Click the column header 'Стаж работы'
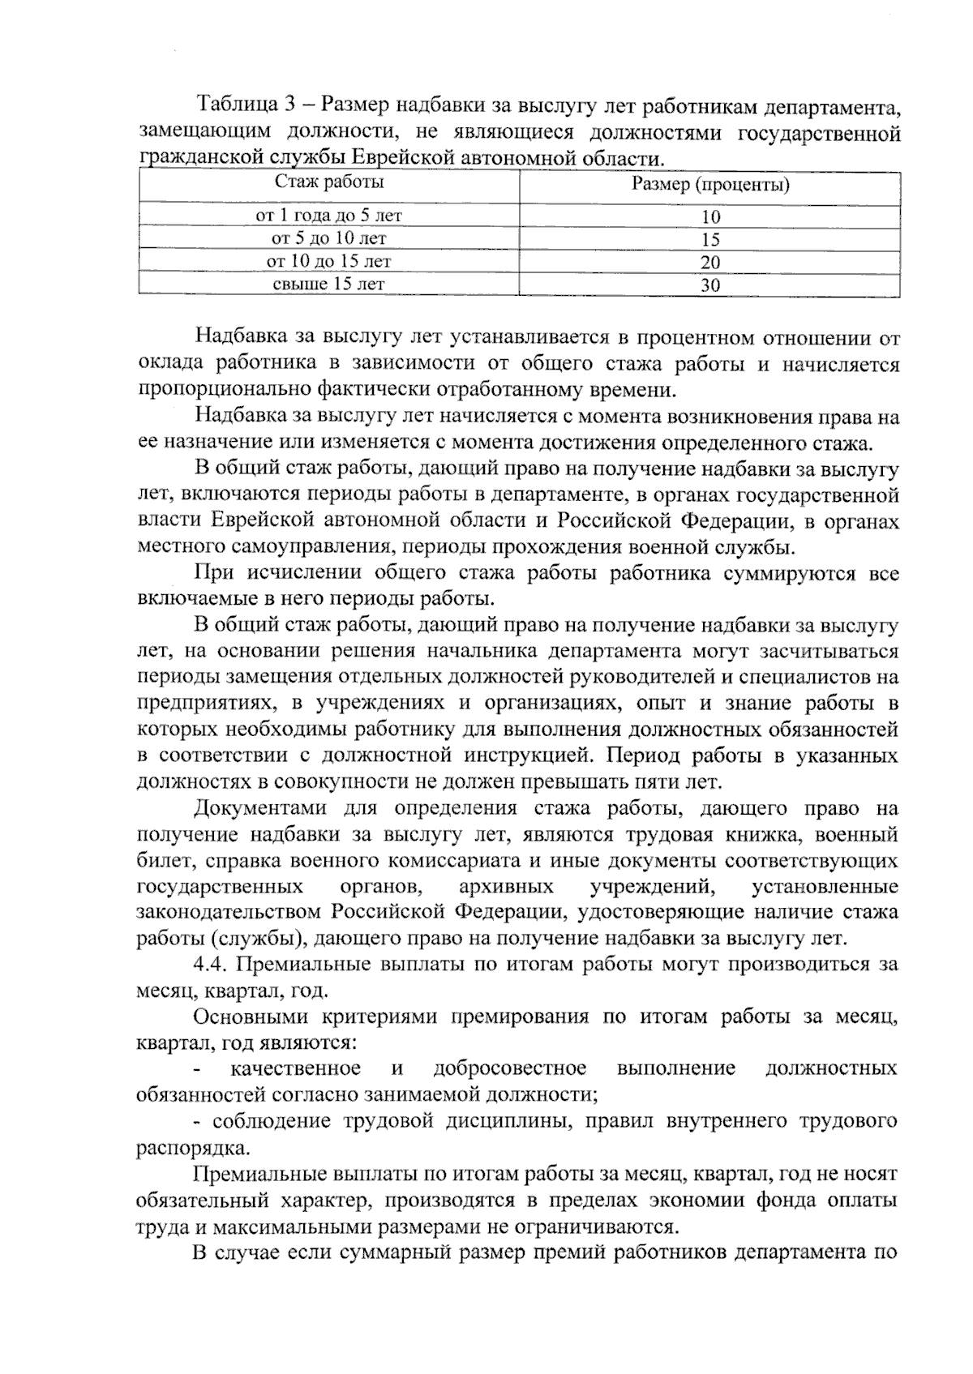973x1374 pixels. [x=328, y=182]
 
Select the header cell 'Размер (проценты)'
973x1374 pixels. [x=710, y=185]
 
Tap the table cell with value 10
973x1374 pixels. [x=710, y=216]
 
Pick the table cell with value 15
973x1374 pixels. [x=710, y=239]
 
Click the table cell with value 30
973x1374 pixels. [x=710, y=285]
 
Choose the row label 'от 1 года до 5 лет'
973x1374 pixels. [x=328, y=216]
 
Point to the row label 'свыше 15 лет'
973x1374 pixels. [x=328, y=284]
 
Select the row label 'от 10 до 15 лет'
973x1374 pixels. [x=328, y=261]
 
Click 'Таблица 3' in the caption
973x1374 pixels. [x=248, y=105]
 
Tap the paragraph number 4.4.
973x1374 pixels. [x=211, y=965]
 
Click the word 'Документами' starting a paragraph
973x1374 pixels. [x=259, y=808]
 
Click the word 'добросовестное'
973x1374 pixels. [x=510, y=1068]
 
